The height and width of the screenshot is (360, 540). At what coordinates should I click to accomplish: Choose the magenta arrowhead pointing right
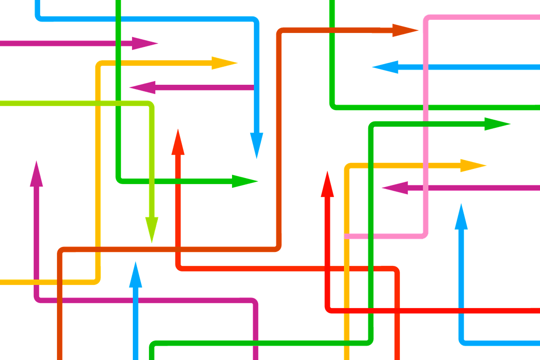pyautogui.click(x=143, y=43)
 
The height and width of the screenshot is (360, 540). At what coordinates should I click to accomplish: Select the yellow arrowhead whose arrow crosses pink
pyautogui.click(x=472, y=165)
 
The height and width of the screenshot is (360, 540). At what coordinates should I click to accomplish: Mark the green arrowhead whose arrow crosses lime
pyautogui.click(x=244, y=181)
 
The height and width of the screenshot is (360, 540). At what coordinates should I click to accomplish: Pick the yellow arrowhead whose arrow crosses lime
pyautogui.click(x=224, y=63)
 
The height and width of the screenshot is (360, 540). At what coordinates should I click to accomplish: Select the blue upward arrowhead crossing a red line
pyautogui.click(x=461, y=217)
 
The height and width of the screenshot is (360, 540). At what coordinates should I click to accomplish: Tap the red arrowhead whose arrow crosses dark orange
pyautogui.click(x=178, y=142)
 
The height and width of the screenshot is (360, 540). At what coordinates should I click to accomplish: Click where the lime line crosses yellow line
pyautogui.click(x=98, y=103)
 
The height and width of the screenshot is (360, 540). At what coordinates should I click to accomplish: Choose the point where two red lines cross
pyautogui.click(x=327, y=268)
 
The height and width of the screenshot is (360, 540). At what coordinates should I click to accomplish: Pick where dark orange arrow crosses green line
pyautogui.click(x=332, y=30)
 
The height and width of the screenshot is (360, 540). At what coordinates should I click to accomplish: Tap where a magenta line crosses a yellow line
pyautogui.click(x=37, y=282)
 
